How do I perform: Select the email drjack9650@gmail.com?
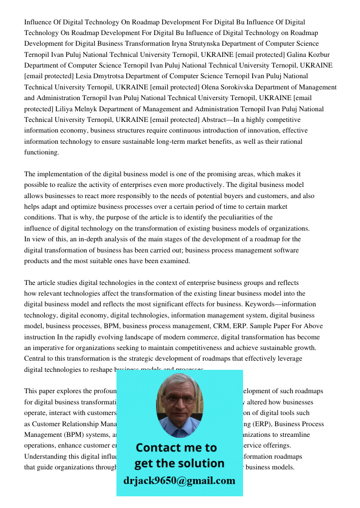click(179, 480)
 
